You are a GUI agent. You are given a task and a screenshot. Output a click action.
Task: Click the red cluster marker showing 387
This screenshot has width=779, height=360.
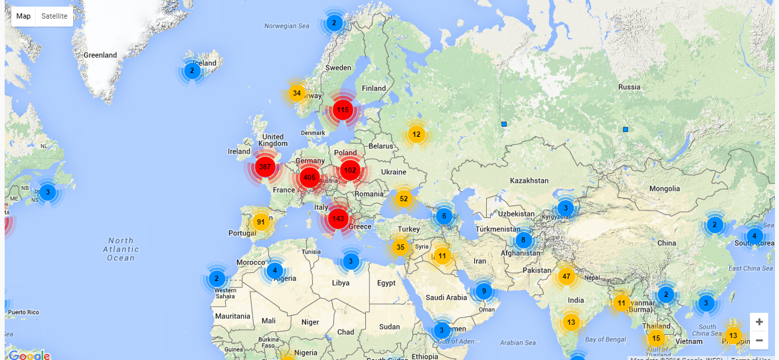click(265, 167)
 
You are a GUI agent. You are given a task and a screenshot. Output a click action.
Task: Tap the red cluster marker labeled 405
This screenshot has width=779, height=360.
click(309, 177)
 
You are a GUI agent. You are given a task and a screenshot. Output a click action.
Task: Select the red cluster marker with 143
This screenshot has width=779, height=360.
click(338, 219)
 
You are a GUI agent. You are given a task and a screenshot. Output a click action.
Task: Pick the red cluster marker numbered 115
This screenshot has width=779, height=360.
click(343, 110)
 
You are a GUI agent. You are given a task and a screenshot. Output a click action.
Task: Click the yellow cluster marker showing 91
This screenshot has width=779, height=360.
click(261, 222)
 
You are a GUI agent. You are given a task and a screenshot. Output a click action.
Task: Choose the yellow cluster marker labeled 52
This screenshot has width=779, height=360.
click(404, 199)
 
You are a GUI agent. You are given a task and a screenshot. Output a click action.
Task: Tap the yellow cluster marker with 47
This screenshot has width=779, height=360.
click(566, 276)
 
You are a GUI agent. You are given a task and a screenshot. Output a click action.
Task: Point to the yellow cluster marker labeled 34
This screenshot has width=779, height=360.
click(297, 93)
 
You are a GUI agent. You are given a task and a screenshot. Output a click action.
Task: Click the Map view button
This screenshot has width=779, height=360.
click(23, 16)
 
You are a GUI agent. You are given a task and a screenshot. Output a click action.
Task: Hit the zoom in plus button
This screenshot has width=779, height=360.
click(759, 321)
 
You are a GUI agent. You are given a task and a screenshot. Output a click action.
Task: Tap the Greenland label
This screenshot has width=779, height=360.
click(100, 55)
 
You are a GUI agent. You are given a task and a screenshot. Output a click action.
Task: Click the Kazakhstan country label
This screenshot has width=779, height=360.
click(529, 181)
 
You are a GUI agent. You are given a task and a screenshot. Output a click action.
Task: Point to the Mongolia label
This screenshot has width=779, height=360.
click(665, 189)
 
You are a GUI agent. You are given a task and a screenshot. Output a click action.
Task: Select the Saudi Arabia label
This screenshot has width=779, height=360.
click(447, 298)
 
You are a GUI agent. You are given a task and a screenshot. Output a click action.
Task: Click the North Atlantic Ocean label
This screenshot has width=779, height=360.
click(120, 249)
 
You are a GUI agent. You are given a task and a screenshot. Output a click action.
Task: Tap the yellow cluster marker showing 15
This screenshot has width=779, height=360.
click(656, 338)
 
